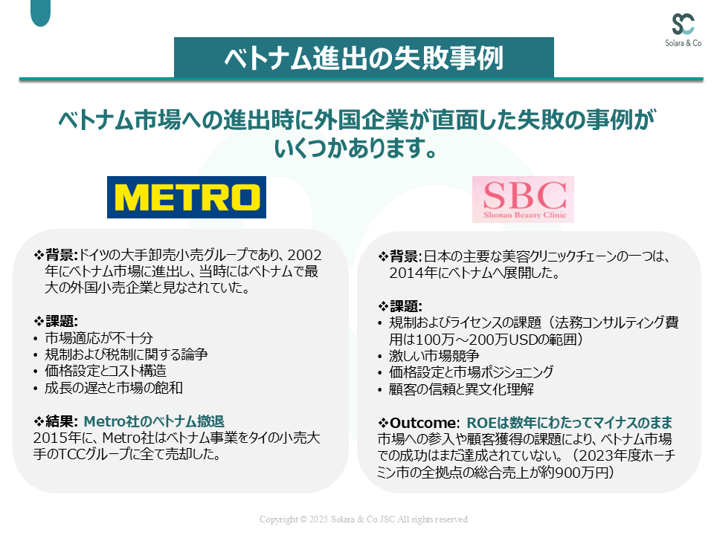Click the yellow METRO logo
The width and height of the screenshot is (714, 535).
[x=187, y=197]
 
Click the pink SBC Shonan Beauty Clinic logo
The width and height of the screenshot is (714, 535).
[x=523, y=199]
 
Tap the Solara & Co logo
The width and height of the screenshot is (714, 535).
[x=683, y=30]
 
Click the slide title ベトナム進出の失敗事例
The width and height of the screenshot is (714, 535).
[x=364, y=58]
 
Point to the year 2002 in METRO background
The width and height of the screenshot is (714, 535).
[x=304, y=255]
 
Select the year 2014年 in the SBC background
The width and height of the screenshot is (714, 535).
[x=413, y=273]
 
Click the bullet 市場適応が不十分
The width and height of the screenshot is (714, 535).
[x=99, y=338]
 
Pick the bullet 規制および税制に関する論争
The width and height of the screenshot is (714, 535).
[x=126, y=354]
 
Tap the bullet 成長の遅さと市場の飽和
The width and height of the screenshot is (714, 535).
[x=114, y=388]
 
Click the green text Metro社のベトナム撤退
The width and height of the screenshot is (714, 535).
[x=154, y=421]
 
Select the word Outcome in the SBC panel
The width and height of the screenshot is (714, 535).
[x=422, y=423]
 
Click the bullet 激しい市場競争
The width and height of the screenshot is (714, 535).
[x=434, y=356]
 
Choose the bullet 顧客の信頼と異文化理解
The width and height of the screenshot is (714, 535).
[x=461, y=389]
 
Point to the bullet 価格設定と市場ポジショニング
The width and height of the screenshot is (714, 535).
[x=472, y=372]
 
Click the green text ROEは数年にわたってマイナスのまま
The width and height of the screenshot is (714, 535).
[x=569, y=423]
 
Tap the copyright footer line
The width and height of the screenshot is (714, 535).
[x=364, y=519]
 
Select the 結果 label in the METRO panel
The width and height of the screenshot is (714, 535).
[x=59, y=421]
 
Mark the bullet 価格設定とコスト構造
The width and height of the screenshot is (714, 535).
[x=106, y=371]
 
